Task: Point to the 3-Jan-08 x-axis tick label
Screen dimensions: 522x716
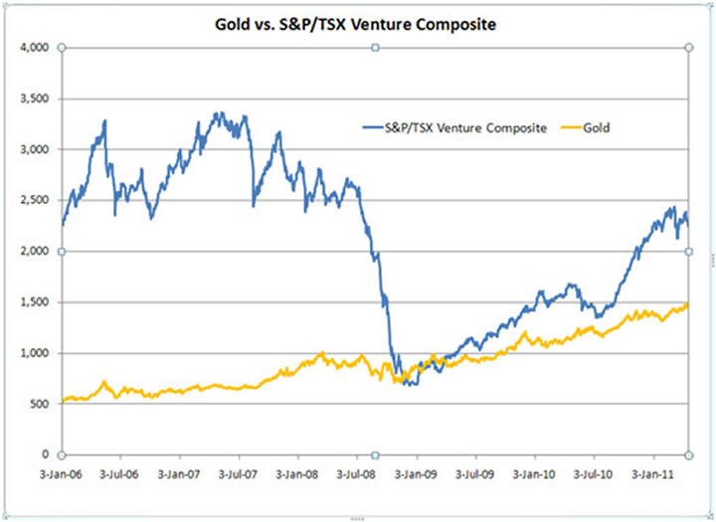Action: (x=302, y=471)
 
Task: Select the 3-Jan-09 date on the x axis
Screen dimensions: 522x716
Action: (x=418, y=471)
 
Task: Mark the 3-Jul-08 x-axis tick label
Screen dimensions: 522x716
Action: (x=360, y=471)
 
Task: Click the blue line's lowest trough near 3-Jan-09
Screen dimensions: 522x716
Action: (x=409, y=384)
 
